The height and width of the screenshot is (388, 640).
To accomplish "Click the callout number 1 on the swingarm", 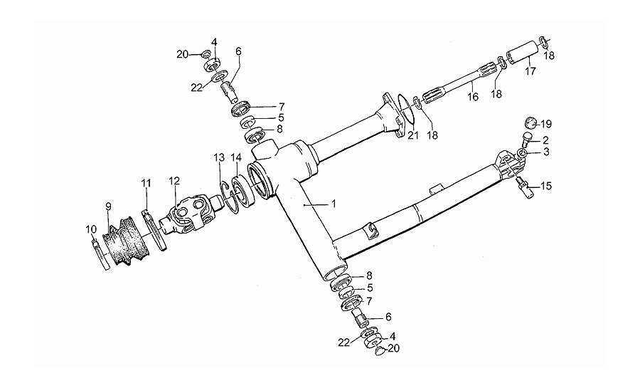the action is (334, 203).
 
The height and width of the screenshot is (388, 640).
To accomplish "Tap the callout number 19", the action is (547, 123).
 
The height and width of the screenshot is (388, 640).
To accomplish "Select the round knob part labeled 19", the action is (530, 123).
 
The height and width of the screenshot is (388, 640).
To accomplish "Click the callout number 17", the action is (530, 71).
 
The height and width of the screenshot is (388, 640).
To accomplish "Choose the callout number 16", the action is (473, 98).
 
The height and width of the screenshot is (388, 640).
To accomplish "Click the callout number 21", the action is (413, 135).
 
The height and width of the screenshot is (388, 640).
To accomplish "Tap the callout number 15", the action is (546, 187).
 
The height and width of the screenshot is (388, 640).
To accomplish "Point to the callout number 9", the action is (108, 206).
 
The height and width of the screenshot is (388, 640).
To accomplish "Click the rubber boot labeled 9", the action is (125, 242).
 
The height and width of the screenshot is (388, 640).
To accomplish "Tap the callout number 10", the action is (90, 230).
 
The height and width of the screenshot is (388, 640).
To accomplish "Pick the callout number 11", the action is (146, 184).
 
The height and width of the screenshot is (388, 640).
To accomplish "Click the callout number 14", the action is (236, 157).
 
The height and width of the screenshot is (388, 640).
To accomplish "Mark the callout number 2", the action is (545, 140).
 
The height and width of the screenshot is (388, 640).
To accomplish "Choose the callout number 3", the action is (546, 152).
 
